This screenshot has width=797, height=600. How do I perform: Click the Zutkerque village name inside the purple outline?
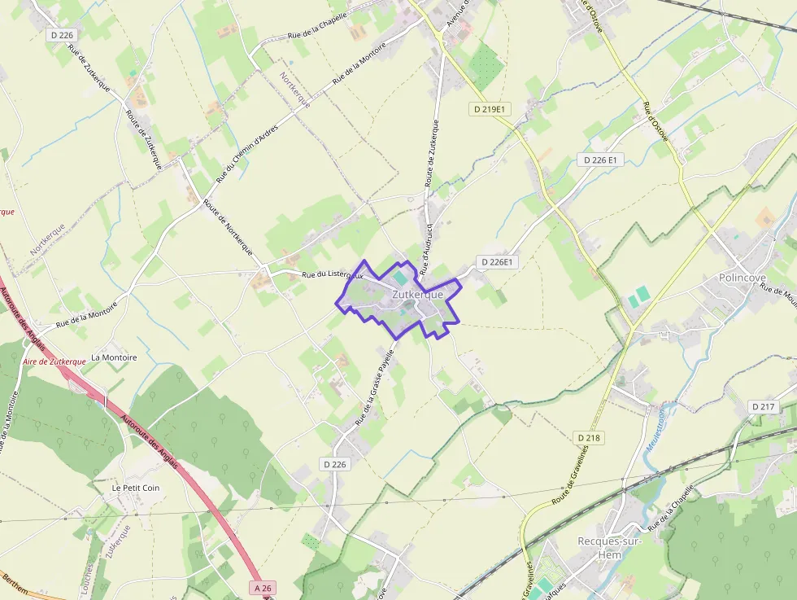pyautogui.click(x=417, y=295)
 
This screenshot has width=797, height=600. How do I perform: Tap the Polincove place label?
pyautogui.click(x=743, y=278)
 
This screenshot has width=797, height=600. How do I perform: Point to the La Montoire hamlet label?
pyautogui.click(x=114, y=357)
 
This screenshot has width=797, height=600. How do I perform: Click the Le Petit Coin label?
pyautogui.click(x=136, y=488)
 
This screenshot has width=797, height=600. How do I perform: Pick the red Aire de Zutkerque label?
pyautogui.click(x=54, y=361)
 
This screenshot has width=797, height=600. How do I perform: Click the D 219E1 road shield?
pyautogui.click(x=490, y=108)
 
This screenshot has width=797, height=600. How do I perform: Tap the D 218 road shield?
pyautogui.click(x=589, y=438)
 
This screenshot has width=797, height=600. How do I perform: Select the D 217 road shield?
pyautogui.click(x=764, y=406)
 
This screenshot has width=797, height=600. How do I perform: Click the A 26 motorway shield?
pyautogui.click(x=262, y=588)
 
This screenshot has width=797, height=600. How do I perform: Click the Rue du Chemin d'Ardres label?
pyautogui.click(x=247, y=153)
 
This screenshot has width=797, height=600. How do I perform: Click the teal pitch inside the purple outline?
pyautogui.click(x=401, y=278)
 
